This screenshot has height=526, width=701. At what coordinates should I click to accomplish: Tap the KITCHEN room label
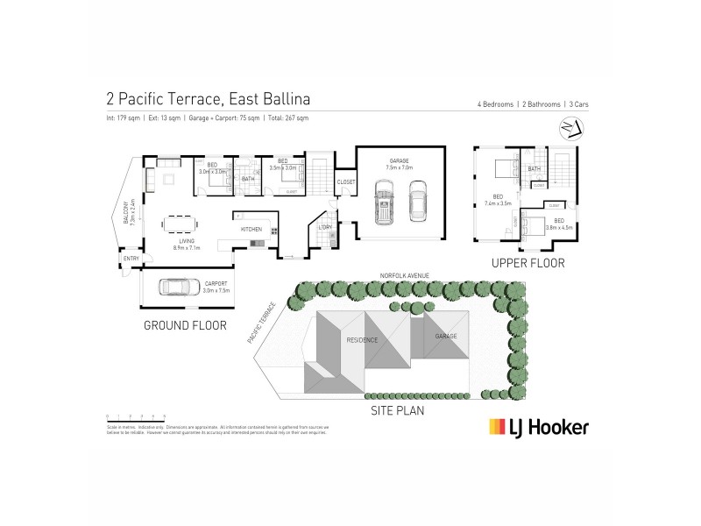click(252, 230)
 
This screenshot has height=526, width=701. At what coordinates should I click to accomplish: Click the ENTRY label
click(131, 258)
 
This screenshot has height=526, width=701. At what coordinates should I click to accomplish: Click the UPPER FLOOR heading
click(528, 262)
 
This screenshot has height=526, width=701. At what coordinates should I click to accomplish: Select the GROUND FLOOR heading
click(185, 324)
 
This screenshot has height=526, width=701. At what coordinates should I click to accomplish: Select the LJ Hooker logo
click(537, 427)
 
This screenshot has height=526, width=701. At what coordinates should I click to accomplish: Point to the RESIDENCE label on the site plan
click(362, 339)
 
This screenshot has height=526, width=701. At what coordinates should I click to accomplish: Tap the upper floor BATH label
click(534, 168)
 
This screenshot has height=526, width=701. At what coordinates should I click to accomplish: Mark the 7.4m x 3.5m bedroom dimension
click(498, 202)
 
